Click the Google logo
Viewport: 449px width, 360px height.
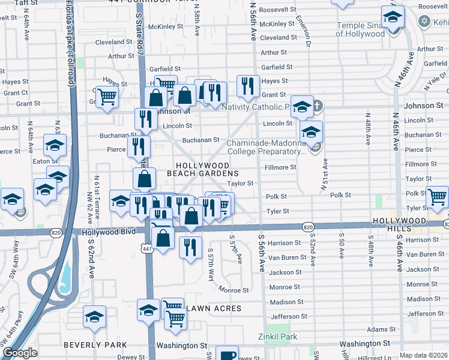pyautogui.click(x=20, y=353)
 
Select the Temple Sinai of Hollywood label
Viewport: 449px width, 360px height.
pyautogui.click(x=360, y=29)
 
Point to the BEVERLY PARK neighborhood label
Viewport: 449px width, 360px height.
pyautogui.click(x=95, y=345)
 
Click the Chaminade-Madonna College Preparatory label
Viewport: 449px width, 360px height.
pyautogui.click(x=266, y=147)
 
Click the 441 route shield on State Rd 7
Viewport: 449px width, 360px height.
pyautogui.click(x=146, y=247)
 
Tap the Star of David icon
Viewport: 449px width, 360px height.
pyautogui.click(x=424, y=22)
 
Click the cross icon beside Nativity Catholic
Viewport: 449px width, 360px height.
pyautogui.click(x=318, y=107)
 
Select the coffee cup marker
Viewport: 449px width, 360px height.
pyautogui.click(x=227, y=355)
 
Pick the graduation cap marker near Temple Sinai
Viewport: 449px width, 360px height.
pyautogui.click(x=393, y=19)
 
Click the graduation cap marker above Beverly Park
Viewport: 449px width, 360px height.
pyautogui.click(x=94, y=319)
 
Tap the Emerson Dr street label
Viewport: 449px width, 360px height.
pyautogui.click(x=303, y=31)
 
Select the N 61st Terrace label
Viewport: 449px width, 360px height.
pyautogui.click(x=95, y=190)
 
